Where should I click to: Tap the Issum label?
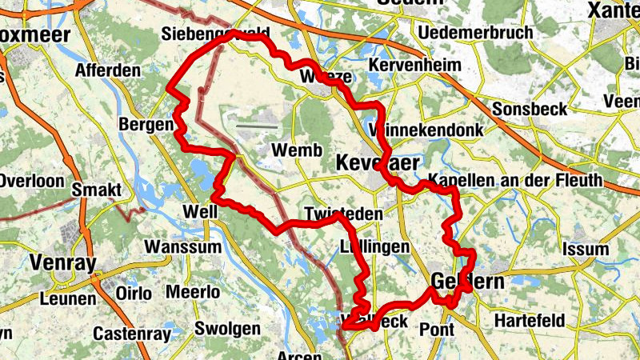click(x=586, y=249)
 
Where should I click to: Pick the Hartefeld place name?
click(x=530, y=321)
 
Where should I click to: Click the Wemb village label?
click(x=297, y=150)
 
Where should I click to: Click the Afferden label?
click(x=108, y=70)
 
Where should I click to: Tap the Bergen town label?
click(x=145, y=125)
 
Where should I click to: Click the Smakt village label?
click(x=95, y=190)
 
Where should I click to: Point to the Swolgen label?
click(x=227, y=329)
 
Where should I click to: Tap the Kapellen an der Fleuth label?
click(x=514, y=181)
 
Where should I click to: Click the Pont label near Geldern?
click(x=437, y=329)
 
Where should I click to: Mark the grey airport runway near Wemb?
click(x=256, y=126)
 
